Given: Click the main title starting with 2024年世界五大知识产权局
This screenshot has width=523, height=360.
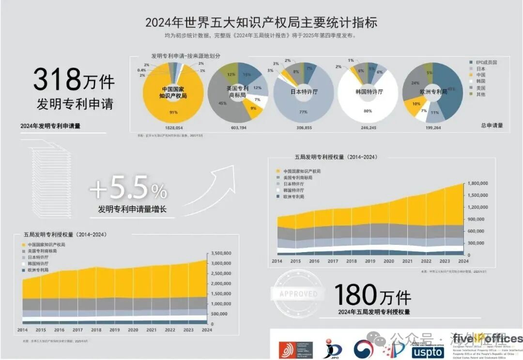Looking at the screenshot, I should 261,22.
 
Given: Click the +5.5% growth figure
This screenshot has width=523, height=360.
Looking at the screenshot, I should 128,189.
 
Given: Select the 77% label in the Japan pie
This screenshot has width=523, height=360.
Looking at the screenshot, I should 303,112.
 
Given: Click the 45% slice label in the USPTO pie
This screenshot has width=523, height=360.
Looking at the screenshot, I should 222,103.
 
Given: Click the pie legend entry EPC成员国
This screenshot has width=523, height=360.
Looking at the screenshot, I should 486,62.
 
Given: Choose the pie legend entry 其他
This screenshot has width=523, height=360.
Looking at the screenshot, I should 480,94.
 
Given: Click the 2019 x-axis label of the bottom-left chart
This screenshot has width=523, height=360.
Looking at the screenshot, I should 114,330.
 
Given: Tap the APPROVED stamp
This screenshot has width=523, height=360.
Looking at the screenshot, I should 298,294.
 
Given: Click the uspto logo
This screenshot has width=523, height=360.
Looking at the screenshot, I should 428,351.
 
